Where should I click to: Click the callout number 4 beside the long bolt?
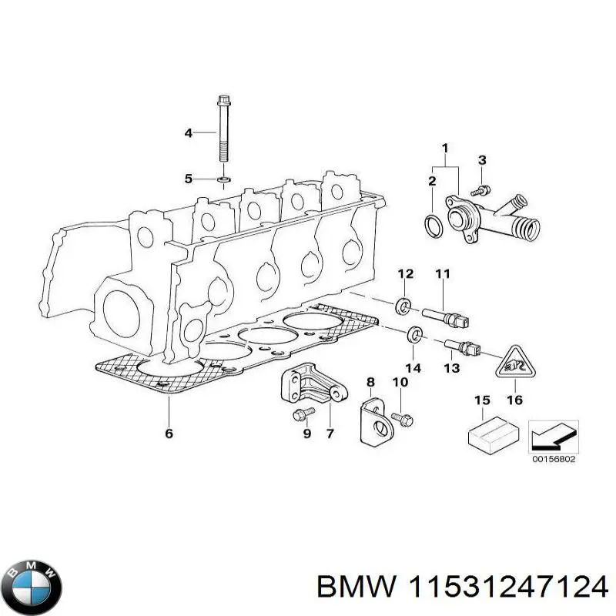[188, 133]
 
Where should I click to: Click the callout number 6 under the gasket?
[169, 434]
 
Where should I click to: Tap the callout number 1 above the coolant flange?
[444, 148]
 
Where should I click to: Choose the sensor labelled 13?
[463, 348]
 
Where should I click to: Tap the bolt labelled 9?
[301, 416]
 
